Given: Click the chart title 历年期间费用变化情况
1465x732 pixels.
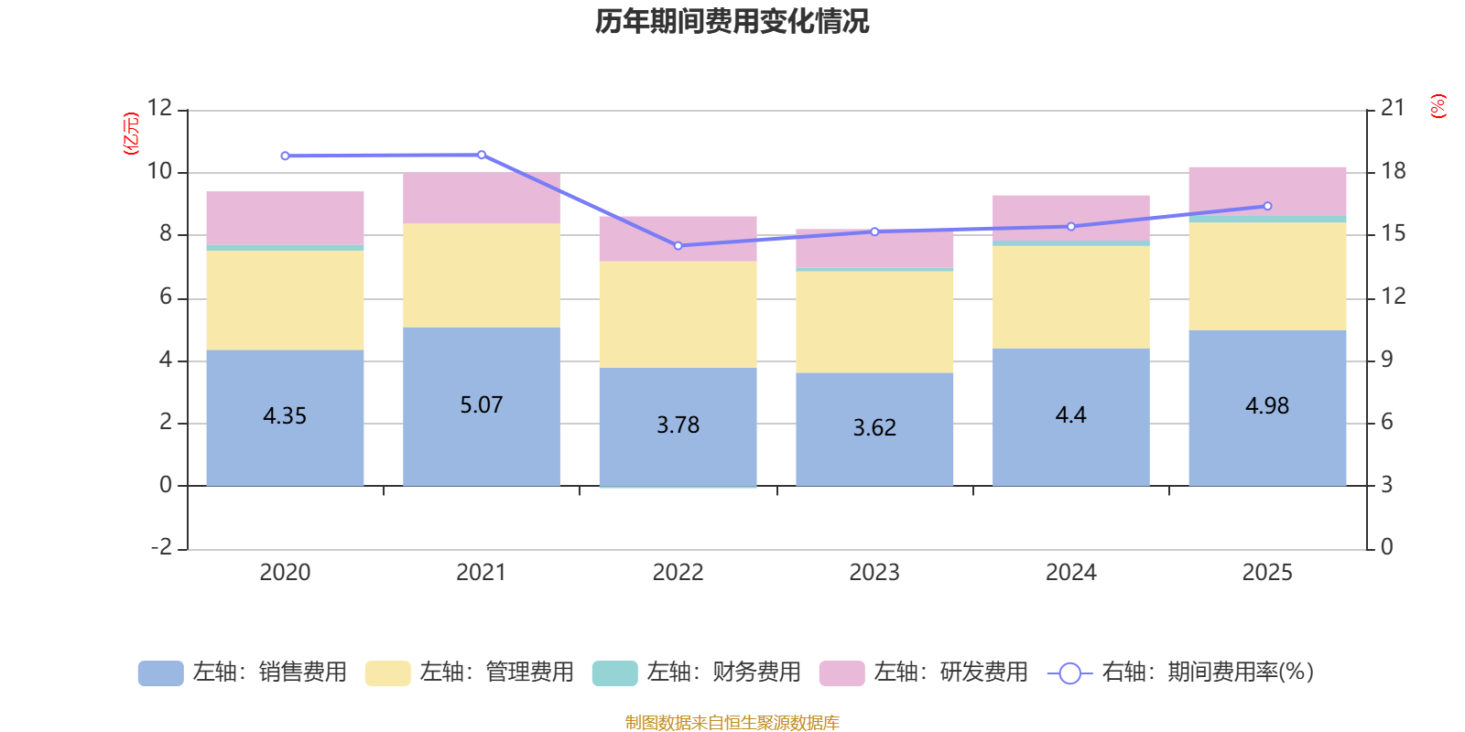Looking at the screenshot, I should click(x=732, y=21).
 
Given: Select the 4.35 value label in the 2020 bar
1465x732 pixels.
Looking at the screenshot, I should click(x=285, y=416).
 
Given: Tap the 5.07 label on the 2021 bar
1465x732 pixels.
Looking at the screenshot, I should click(x=482, y=405).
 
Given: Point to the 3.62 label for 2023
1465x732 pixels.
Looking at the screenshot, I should click(x=874, y=428).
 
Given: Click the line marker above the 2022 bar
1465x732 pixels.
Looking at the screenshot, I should click(x=678, y=246).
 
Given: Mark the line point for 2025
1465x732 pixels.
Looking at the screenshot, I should click(x=1267, y=206).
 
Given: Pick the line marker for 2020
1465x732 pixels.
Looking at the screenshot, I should click(x=285, y=156).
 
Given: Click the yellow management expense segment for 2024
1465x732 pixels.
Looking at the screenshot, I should click(x=1070, y=296).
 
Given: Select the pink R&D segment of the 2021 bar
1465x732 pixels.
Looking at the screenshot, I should click(x=482, y=199).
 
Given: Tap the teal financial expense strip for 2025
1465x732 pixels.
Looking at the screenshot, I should click(x=1267, y=219).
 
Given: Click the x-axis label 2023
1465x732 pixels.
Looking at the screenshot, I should click(x=874, y=573).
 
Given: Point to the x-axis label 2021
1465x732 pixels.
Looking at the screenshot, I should click(x=482, y=573).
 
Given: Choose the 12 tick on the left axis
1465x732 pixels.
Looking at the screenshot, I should click(x=160, y=108).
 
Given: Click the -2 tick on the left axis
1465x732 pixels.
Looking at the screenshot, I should click(x=162, y=547).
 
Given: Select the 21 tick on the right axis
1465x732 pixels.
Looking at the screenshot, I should click(x=1393, y=108).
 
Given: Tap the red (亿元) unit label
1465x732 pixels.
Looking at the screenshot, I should click(x=131, y=134).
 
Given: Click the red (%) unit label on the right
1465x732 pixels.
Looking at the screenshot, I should click(x=1438, y=106).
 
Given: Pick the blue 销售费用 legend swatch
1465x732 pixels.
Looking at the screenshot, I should click(x=160, y=673).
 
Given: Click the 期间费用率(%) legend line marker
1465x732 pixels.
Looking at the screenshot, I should click(x=1069, y=673).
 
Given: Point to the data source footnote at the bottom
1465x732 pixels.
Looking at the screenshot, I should click(x=732, y=723).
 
